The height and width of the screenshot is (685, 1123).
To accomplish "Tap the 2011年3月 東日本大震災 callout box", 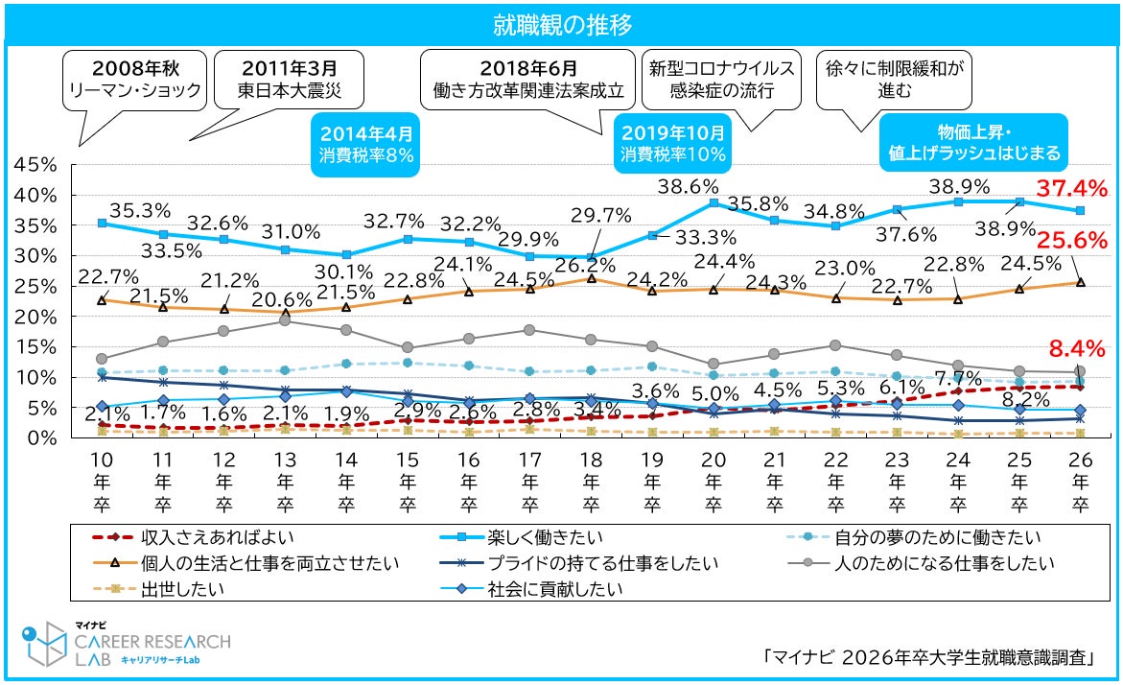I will [x=288, y=81].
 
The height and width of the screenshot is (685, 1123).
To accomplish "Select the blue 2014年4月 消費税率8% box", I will [x=366, y=143].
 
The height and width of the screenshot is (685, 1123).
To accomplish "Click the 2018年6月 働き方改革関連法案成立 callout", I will [x=527, y=81].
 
